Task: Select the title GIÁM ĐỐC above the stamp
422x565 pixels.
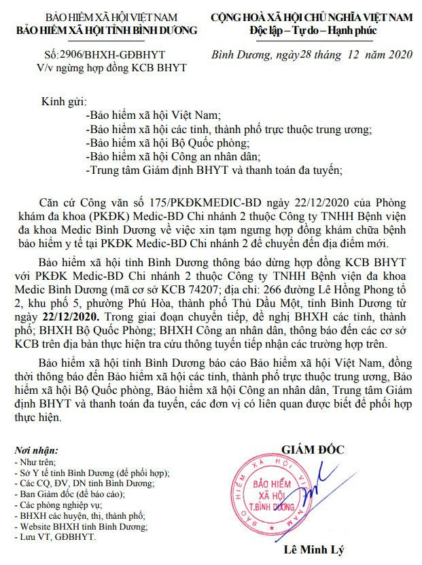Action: [313, 450]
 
